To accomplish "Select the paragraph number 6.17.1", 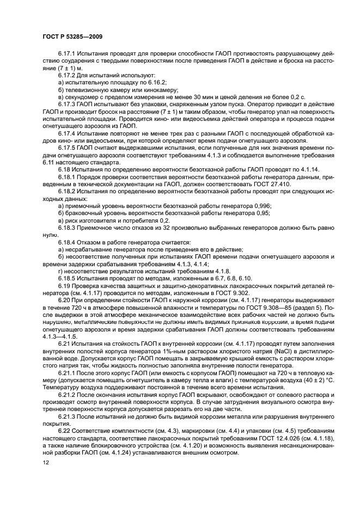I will coord(68,54).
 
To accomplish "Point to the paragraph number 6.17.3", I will coord(68,103).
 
